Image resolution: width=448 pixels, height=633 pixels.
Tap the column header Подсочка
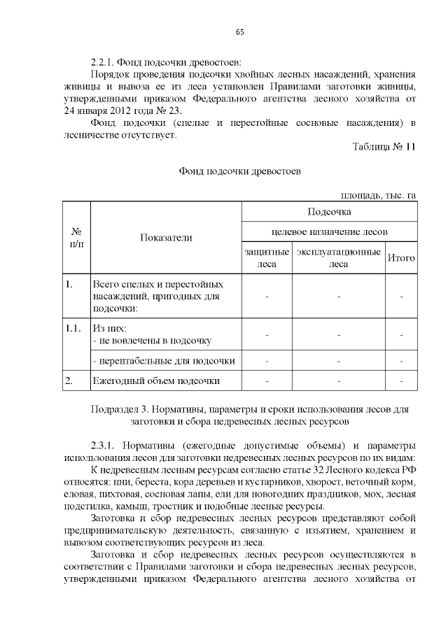[328, 211]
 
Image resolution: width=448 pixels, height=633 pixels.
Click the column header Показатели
[166, 238]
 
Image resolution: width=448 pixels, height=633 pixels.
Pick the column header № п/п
[76, 238]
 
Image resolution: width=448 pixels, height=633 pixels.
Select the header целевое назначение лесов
[328, 232]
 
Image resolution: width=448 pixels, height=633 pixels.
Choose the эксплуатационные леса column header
[338, 258]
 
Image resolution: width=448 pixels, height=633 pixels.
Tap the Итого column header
[401, 258]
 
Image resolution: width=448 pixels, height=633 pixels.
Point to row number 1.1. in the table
[73, 328]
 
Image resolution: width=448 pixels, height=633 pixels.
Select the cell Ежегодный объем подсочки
[156, 381]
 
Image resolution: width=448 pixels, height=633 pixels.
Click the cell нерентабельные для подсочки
[163, 361]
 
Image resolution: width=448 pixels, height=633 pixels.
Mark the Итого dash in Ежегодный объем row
[401, 381]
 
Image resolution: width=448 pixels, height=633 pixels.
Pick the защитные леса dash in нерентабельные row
[267, 361]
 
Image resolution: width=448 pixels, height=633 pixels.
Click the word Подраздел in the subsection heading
[114, 408]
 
